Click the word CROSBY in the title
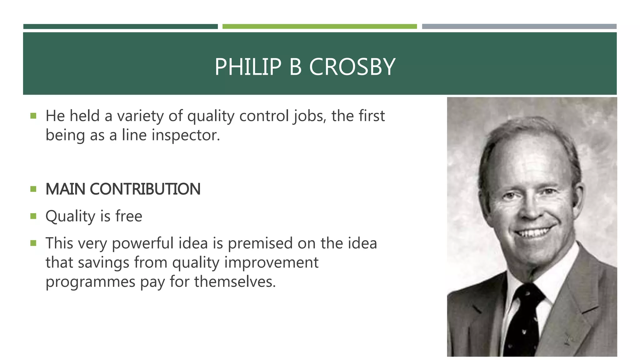[352, 67]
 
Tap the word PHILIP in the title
[248, 67]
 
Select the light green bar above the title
[319, 27]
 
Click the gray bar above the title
[519, 27]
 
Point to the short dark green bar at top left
[120, 27]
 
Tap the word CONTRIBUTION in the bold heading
[145, 189]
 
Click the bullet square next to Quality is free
[33, 216]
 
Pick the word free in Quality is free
[129, 216]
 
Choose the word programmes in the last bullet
[90, 282]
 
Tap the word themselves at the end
[235, 282]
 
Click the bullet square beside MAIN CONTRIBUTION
[33, 189]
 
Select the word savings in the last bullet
[103, 262]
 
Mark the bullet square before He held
[33, 116]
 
